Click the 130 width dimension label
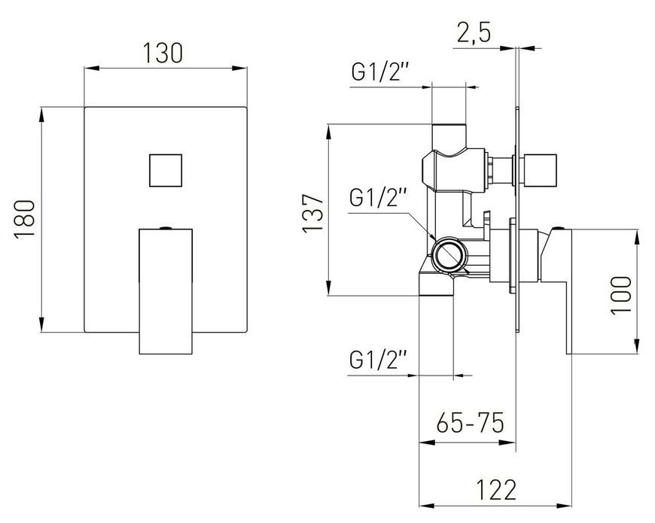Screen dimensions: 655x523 point(163,53)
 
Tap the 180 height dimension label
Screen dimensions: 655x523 point(24,219)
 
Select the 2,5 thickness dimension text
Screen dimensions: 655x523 point(474,32)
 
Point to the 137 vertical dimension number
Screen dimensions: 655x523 point(312,213)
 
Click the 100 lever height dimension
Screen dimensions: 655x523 point(621,296)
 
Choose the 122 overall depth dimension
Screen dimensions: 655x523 point(496,490)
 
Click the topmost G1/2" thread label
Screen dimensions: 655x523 point(379,71)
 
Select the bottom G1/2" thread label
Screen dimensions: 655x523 point(378,360)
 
